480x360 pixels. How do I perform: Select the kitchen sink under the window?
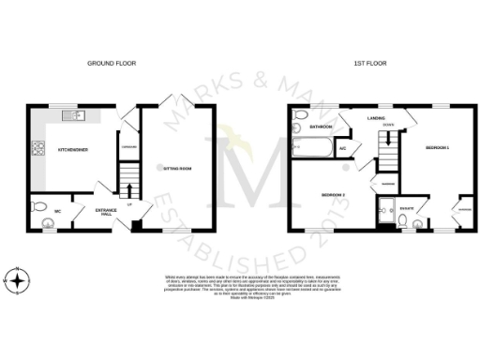click(x=73, y=116)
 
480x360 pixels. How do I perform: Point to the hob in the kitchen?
click(x=38, y=147)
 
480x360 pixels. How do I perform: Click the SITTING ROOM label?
click(x=177, y=169)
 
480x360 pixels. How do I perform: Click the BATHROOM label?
click(x=322, y=126)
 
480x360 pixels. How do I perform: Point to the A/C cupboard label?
click(x=343, y=147)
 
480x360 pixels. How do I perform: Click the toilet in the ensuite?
click(x=401, y=221)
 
